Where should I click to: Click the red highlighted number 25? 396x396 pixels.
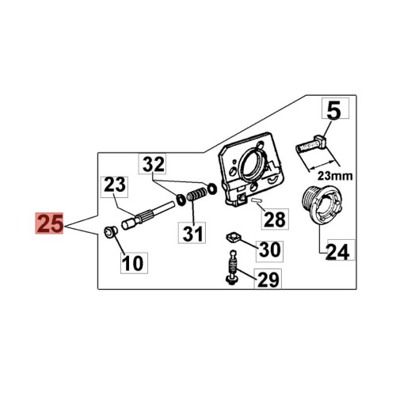(x=49, y=223)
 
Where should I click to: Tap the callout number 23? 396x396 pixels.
(x=115, y=187)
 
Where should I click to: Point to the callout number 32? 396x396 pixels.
(x=153, y=164)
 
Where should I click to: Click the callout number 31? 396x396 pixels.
(x=192, y=233)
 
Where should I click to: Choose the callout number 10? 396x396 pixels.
(x=134, y=263)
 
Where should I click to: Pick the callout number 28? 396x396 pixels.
(x=275, y=219)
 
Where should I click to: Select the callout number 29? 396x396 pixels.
(x=268, y=279)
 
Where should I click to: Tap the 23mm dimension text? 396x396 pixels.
(x=335, y=176)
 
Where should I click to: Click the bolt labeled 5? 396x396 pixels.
(x=310, y=144)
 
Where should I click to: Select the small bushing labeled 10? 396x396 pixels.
(x=110, y=233)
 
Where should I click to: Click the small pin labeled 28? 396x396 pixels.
(x=256, y=200)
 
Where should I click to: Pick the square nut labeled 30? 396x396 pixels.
(x=234, y=237)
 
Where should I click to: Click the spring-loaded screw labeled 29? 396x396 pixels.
(x=231, y=268)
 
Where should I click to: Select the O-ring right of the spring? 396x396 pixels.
(x=212, y=188)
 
